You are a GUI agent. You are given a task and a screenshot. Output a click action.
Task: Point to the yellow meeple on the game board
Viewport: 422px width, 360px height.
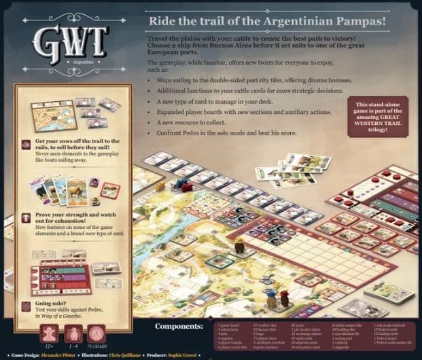(160, 185)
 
